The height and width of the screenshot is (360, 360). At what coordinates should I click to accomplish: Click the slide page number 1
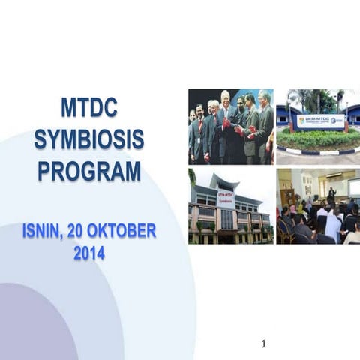pyautogui.click(x=264, y=344)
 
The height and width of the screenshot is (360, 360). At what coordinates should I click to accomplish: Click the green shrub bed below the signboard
pyautogui.click(x=319, y=139)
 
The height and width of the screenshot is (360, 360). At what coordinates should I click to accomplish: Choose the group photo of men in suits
pyautogui.click(x=230, y=127)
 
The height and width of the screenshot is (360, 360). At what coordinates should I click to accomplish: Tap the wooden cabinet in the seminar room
pyautogui.click(x=287, y=197)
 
